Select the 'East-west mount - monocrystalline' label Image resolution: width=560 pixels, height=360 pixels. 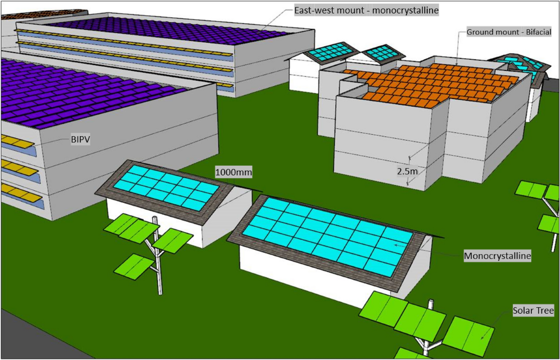366,10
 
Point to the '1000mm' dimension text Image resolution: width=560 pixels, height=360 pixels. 233,173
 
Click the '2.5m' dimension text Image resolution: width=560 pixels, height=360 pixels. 406,172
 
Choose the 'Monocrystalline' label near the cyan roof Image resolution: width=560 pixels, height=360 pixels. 497,256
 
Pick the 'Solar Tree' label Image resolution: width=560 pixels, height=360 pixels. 533,311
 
